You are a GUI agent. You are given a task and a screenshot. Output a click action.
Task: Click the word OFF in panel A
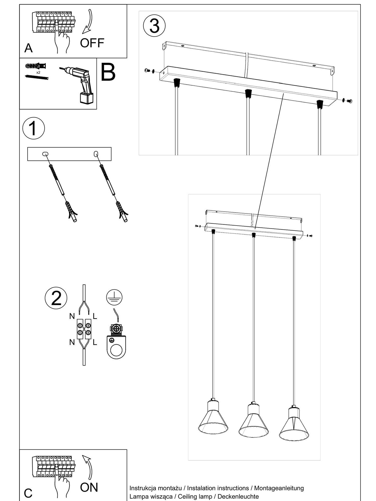pos(92,43)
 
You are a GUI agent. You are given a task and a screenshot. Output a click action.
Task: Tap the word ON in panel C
pos(89,487)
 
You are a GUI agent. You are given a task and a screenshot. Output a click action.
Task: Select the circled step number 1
pos(34,128)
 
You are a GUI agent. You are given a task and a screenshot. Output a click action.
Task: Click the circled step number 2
pos(56,298)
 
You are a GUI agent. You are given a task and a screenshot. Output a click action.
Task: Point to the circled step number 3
pos(154,26)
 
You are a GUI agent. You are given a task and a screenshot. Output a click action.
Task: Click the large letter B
pos(108,73)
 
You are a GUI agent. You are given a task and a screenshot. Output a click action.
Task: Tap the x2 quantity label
pos(38,72)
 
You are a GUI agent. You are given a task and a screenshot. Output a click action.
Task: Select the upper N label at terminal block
pos(72,316)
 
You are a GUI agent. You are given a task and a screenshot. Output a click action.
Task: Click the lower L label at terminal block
pos(95,342)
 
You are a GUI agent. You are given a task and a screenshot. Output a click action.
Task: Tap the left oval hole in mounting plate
pos(46,154)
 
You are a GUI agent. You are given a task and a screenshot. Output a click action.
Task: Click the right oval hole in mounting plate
pos(96,153)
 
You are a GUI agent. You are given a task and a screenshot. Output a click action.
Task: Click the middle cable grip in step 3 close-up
pos(248,93)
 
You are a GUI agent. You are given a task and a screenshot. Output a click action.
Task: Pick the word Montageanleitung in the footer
pos(279,488)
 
